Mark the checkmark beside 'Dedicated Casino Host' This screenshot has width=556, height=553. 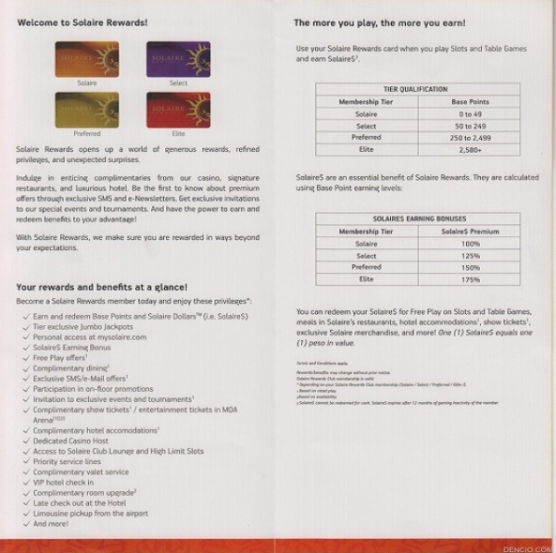pyautogui.click(x=23, y=441)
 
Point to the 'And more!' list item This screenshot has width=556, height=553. pyautogui.click(x=51, y=523)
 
